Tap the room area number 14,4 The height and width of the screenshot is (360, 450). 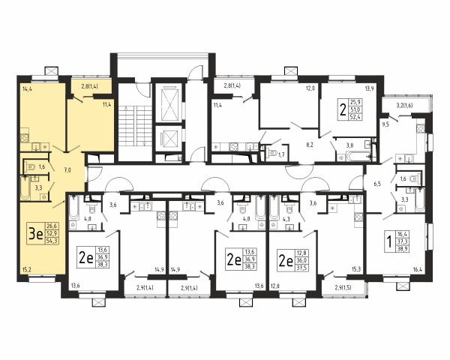[26, 88]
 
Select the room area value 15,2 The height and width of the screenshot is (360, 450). [26, 270]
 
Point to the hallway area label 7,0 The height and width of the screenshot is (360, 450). [67, 170]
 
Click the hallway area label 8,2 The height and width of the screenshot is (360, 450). [310, 145]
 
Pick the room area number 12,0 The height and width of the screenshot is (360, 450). [310, 88]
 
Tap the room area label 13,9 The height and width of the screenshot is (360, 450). [369, 88]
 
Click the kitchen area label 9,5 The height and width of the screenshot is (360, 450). [386, 125]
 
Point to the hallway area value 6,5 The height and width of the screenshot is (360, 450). [377, 184]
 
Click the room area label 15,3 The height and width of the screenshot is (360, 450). [355, 270]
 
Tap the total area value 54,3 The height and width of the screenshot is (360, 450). [52, 241]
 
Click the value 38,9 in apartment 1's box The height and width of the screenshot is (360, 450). [403, 247]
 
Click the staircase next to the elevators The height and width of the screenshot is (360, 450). [135, 126]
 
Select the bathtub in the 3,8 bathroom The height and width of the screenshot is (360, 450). [358, 156]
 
